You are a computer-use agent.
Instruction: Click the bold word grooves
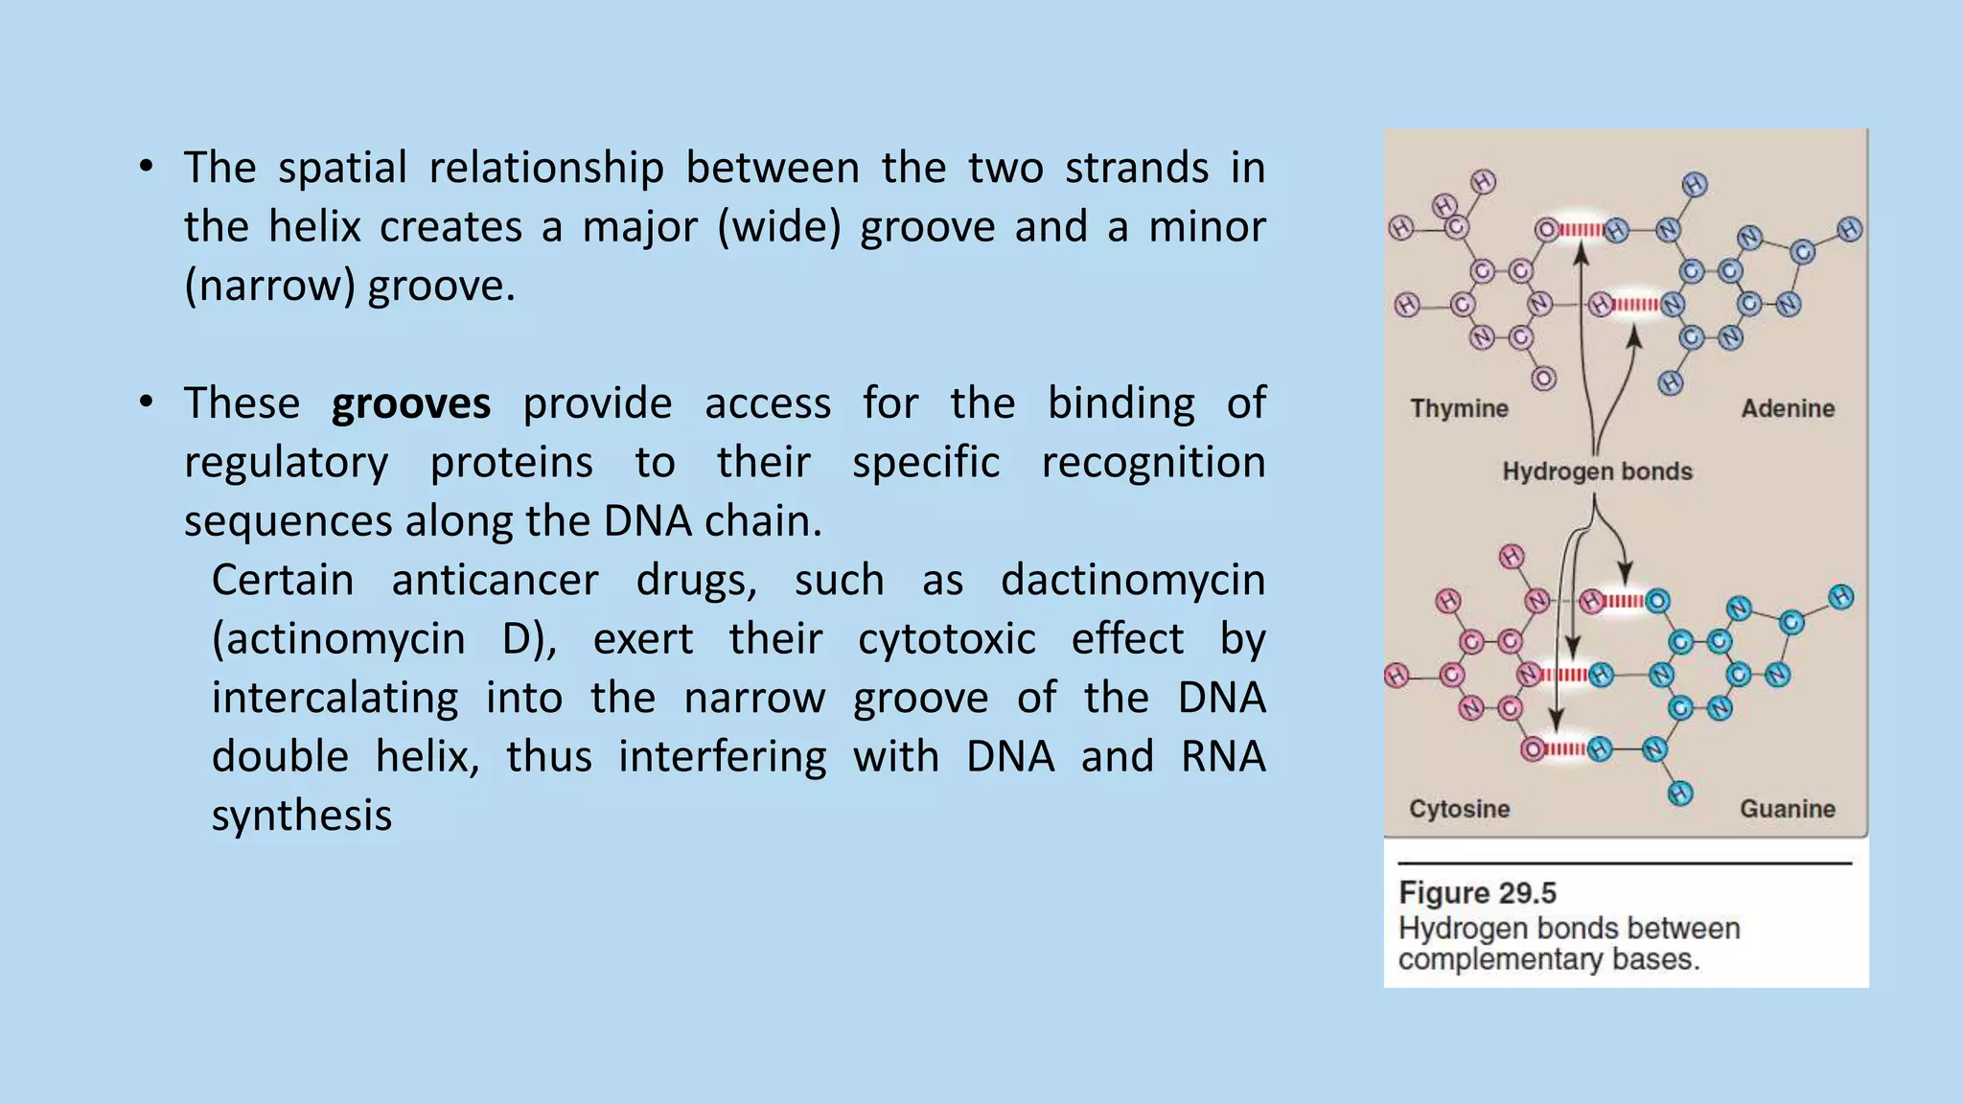pyautogui.click(x=410, y=404)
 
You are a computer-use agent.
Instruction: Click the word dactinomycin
pyautogui.click(x=1133, y=581)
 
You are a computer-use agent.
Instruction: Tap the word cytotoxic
pyautogui.click(x=946, y=639)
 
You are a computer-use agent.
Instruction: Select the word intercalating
pyautogui.click(x=335, y=699)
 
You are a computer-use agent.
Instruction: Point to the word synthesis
pyautogui.click(x=301, y=816)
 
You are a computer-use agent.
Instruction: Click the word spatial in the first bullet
pyautogui.click(x=343, y=169)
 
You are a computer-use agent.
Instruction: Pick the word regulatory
pyautogui.click(x=286, y=464)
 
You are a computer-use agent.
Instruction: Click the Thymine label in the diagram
pyautogui.click(x=1459, y=409)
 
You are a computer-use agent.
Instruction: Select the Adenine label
pyautogui.click(x=1788, y=409)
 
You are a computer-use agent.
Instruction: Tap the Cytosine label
pyautogui.click(x=1459, y=809)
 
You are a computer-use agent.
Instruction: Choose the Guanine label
pyautogui.click(x=1788, y=809)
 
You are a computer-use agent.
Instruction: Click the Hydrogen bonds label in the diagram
pyautogui.click(x=1597, y=471)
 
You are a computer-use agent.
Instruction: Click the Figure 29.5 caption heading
pyautogui.click(x=1477, y=893)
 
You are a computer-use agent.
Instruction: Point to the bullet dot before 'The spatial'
pyautogui.click(x=146, y=167)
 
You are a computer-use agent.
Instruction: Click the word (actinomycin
pyautogui.click(x=338, y=640)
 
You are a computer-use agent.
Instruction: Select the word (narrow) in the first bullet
pyautogui.click(x=269, y=287)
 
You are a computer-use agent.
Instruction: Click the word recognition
pyautogui.click(x=1153, y=464)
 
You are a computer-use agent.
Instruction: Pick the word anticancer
pyautogui.click(x=495, y=581)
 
